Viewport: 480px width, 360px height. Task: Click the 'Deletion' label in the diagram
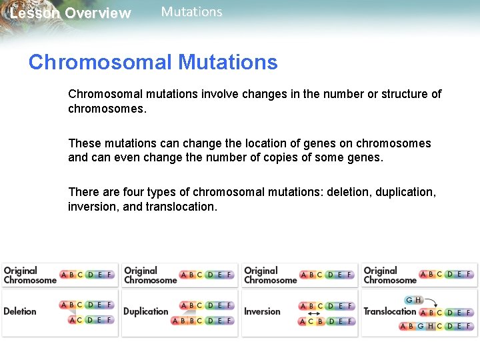click(20, 311)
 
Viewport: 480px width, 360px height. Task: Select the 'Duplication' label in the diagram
click(146, 311)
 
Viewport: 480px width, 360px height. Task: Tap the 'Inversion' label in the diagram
click(262, 311)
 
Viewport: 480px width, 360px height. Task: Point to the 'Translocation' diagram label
click(390, 311)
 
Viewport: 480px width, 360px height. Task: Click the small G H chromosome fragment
click(413, 300)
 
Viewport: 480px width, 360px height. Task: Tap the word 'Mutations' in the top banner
click(191, 12)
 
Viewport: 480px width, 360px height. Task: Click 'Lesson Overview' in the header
click(71, 13)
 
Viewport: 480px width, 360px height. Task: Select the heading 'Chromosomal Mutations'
click(153, 63)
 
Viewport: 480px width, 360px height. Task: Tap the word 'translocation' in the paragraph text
click(181, 207)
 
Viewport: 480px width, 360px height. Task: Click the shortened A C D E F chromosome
click(91, 320)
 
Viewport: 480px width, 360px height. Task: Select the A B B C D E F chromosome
click(203, 321)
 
